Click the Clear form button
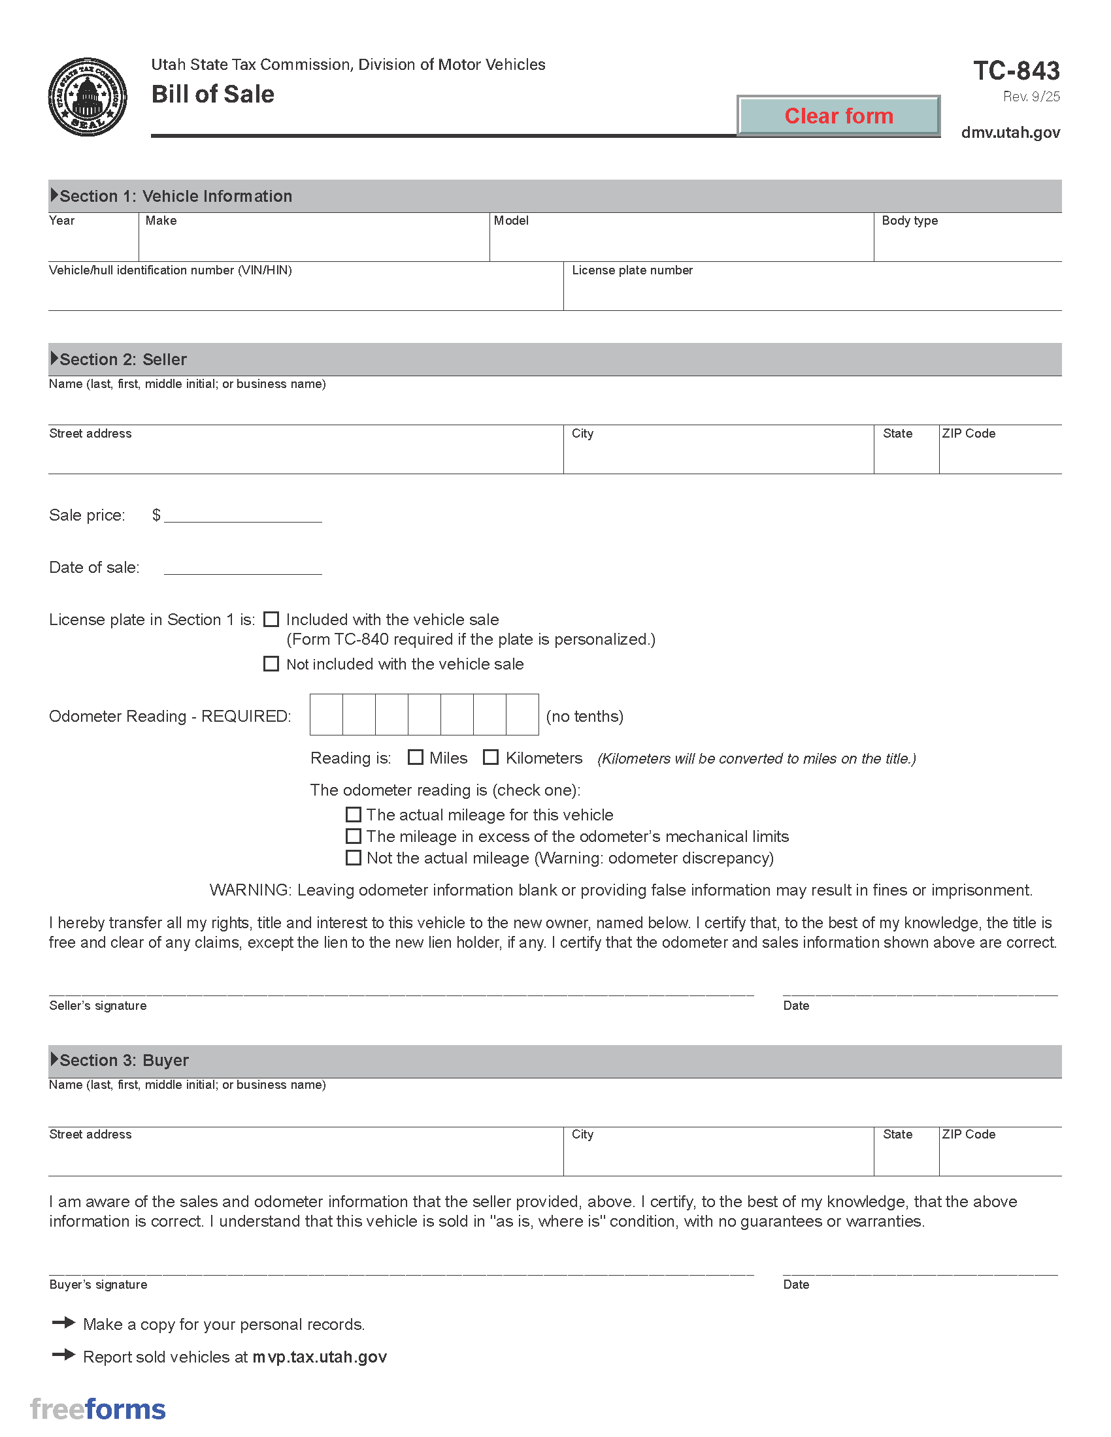[x=838, y=116]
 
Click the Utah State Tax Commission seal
[x=88, y=97]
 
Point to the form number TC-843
[x=1016, y=71]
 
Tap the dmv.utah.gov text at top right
[x=1010, y=133]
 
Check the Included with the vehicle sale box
[x=271, y=619]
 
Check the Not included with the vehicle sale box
[x=271, y=664]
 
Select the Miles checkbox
[x=415, y=757]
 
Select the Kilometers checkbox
[x=490, y=757]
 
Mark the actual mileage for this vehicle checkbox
[x=354, y=815]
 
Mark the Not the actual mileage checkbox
[x=354, y=858]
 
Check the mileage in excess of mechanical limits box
[x=354, y=836]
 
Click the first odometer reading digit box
[x=327, y=715]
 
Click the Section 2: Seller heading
[x=123, y=359]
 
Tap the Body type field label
[x=910, y=220]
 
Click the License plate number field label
[x=632, y=270]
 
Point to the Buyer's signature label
[x=98, y=1284]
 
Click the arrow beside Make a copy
[x=64, y=1323]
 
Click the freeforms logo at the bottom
[x=98, y=1410]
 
